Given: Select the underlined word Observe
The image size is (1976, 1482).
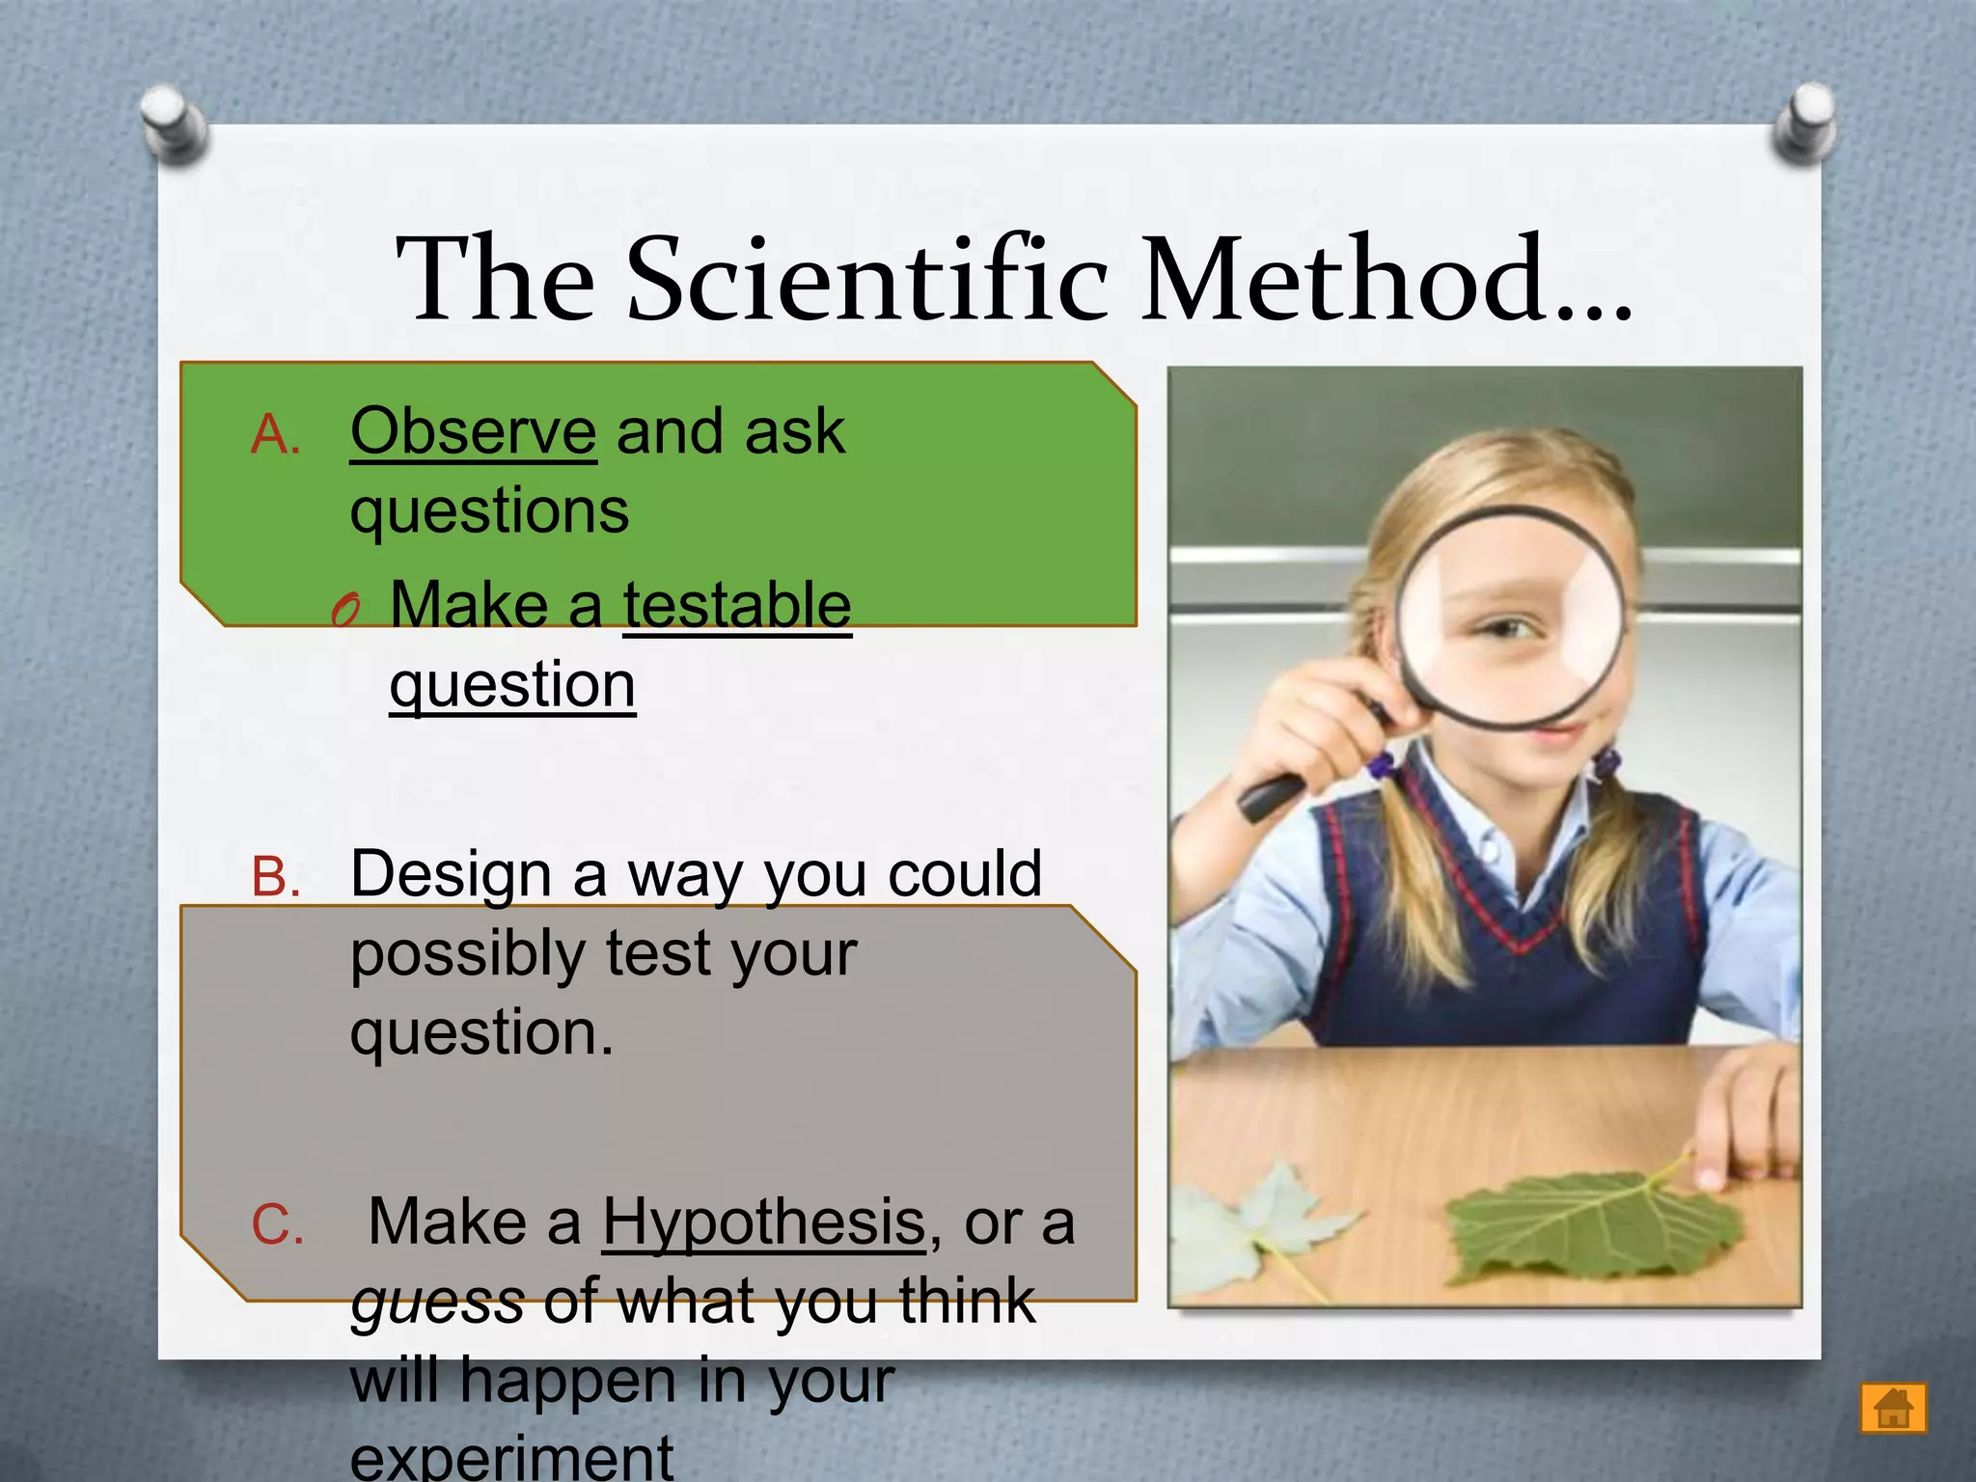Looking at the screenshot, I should point(473,431).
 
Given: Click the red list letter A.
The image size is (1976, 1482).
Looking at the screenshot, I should point(275,435).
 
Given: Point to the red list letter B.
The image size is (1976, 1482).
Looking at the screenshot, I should point(275,878).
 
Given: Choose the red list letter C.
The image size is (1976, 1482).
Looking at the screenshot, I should point(277,1225).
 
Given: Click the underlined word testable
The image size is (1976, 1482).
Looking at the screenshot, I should point(737,606).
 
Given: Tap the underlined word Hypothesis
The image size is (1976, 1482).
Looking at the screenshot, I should point(764,1222).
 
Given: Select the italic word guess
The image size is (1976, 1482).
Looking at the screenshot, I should point(437,1303).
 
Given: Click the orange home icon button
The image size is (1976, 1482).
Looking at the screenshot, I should point(1893,1408).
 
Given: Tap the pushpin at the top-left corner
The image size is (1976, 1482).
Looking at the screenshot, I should point(174,123).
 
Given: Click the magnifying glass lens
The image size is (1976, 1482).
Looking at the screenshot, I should point(1510,617).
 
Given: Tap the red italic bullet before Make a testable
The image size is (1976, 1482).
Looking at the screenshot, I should point(345,611).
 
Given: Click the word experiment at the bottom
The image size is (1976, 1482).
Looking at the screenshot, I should point(511,1457).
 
